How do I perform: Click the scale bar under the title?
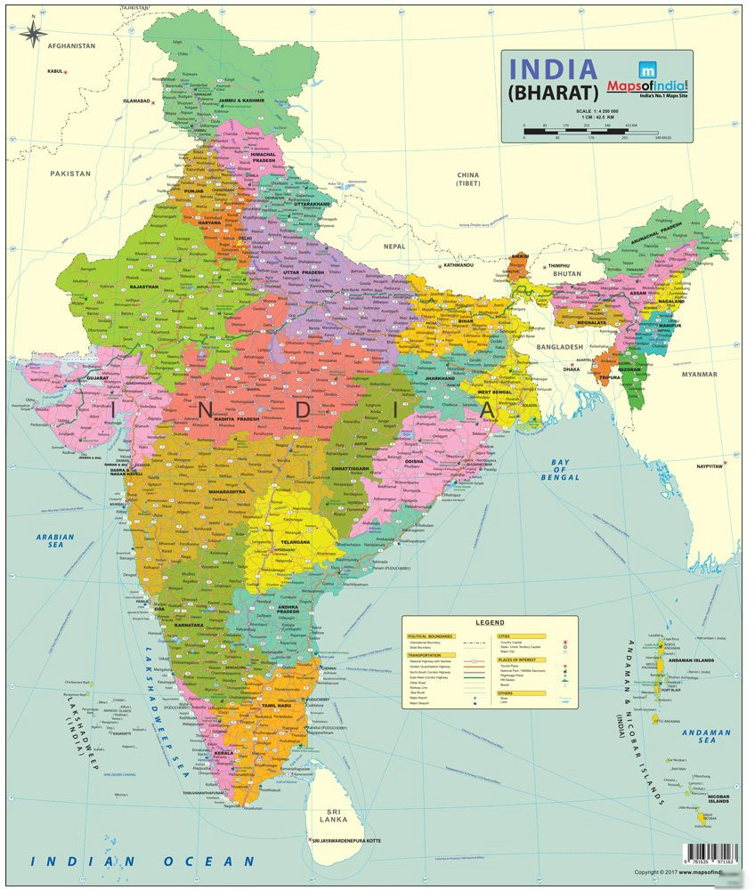click(x=594, y=134)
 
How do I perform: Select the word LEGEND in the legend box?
click(x=490, y=622)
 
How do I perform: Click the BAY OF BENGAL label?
click(x=559, y=470)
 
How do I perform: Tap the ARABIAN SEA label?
click(x=55, y=542)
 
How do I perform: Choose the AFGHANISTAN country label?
click(x=71, y=44)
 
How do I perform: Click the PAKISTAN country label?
click(x=70, y=174)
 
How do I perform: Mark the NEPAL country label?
click(x=394, y=246)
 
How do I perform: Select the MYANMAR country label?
click(x=699, y=375)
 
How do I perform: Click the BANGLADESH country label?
click(x=559, y=346)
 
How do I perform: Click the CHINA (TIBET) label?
click(x=467, y=179)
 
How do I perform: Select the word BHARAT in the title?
click(x=553, y=92)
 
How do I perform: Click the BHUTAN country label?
click(x=568, y=273)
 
